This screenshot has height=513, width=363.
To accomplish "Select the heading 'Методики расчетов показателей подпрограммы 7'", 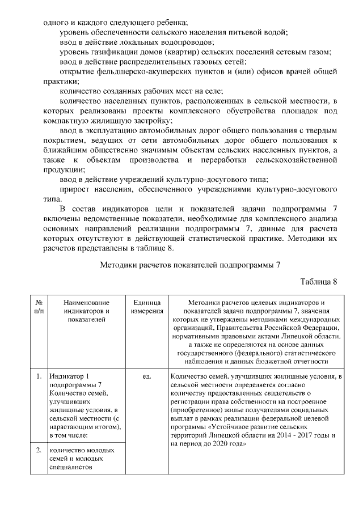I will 190,265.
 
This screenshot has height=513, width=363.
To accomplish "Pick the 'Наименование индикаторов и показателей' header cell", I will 86,311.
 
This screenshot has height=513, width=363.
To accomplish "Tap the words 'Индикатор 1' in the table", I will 70,376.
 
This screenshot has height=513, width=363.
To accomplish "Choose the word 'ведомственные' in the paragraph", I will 113,218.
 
